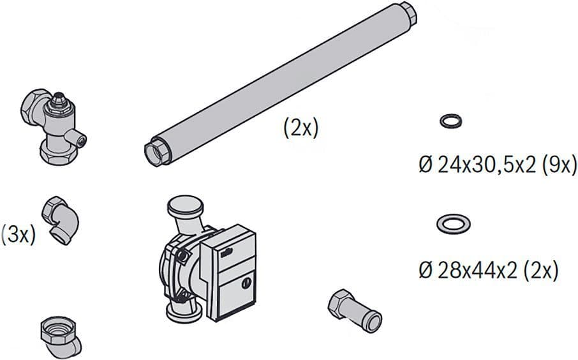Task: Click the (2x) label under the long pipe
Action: pos(300,128)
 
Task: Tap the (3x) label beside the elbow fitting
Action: pos(19,234)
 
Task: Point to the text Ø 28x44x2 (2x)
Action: pos(489,271)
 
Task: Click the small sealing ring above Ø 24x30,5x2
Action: pos(451,121)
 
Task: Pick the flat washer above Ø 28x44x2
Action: pos(454,223)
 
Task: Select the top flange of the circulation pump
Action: pos(185,206)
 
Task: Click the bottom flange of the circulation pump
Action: pos(184,313)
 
